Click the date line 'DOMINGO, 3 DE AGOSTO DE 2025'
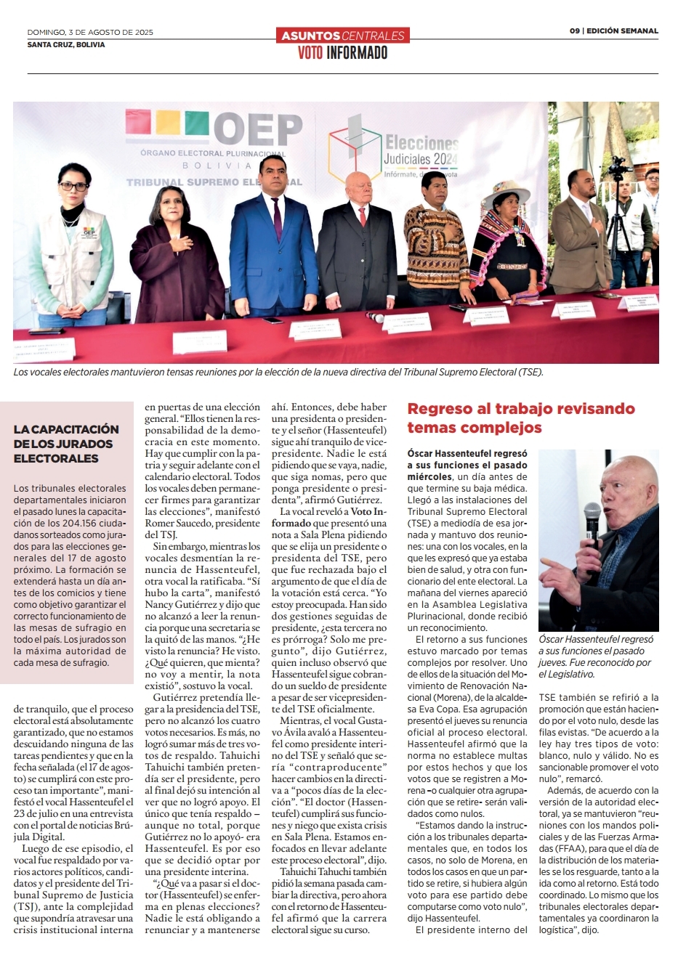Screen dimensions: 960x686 pos(90,32)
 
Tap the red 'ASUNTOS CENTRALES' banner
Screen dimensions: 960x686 pos(342,35)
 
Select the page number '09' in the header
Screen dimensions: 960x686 pos(574,31)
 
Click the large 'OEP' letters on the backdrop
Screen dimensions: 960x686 pos(257,130)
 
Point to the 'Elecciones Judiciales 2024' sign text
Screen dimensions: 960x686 pos(421,150)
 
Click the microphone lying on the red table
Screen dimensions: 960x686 pos(377,317)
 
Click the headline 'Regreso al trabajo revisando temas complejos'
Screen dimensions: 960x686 pos(520,418)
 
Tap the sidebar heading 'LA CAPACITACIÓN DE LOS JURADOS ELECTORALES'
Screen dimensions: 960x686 pos(66,444)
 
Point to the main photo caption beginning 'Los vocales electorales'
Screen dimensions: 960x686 pos(278,372)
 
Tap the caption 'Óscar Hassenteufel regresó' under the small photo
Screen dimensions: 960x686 pos(596,640)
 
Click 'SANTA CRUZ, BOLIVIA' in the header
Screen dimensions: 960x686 pos(66,45)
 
